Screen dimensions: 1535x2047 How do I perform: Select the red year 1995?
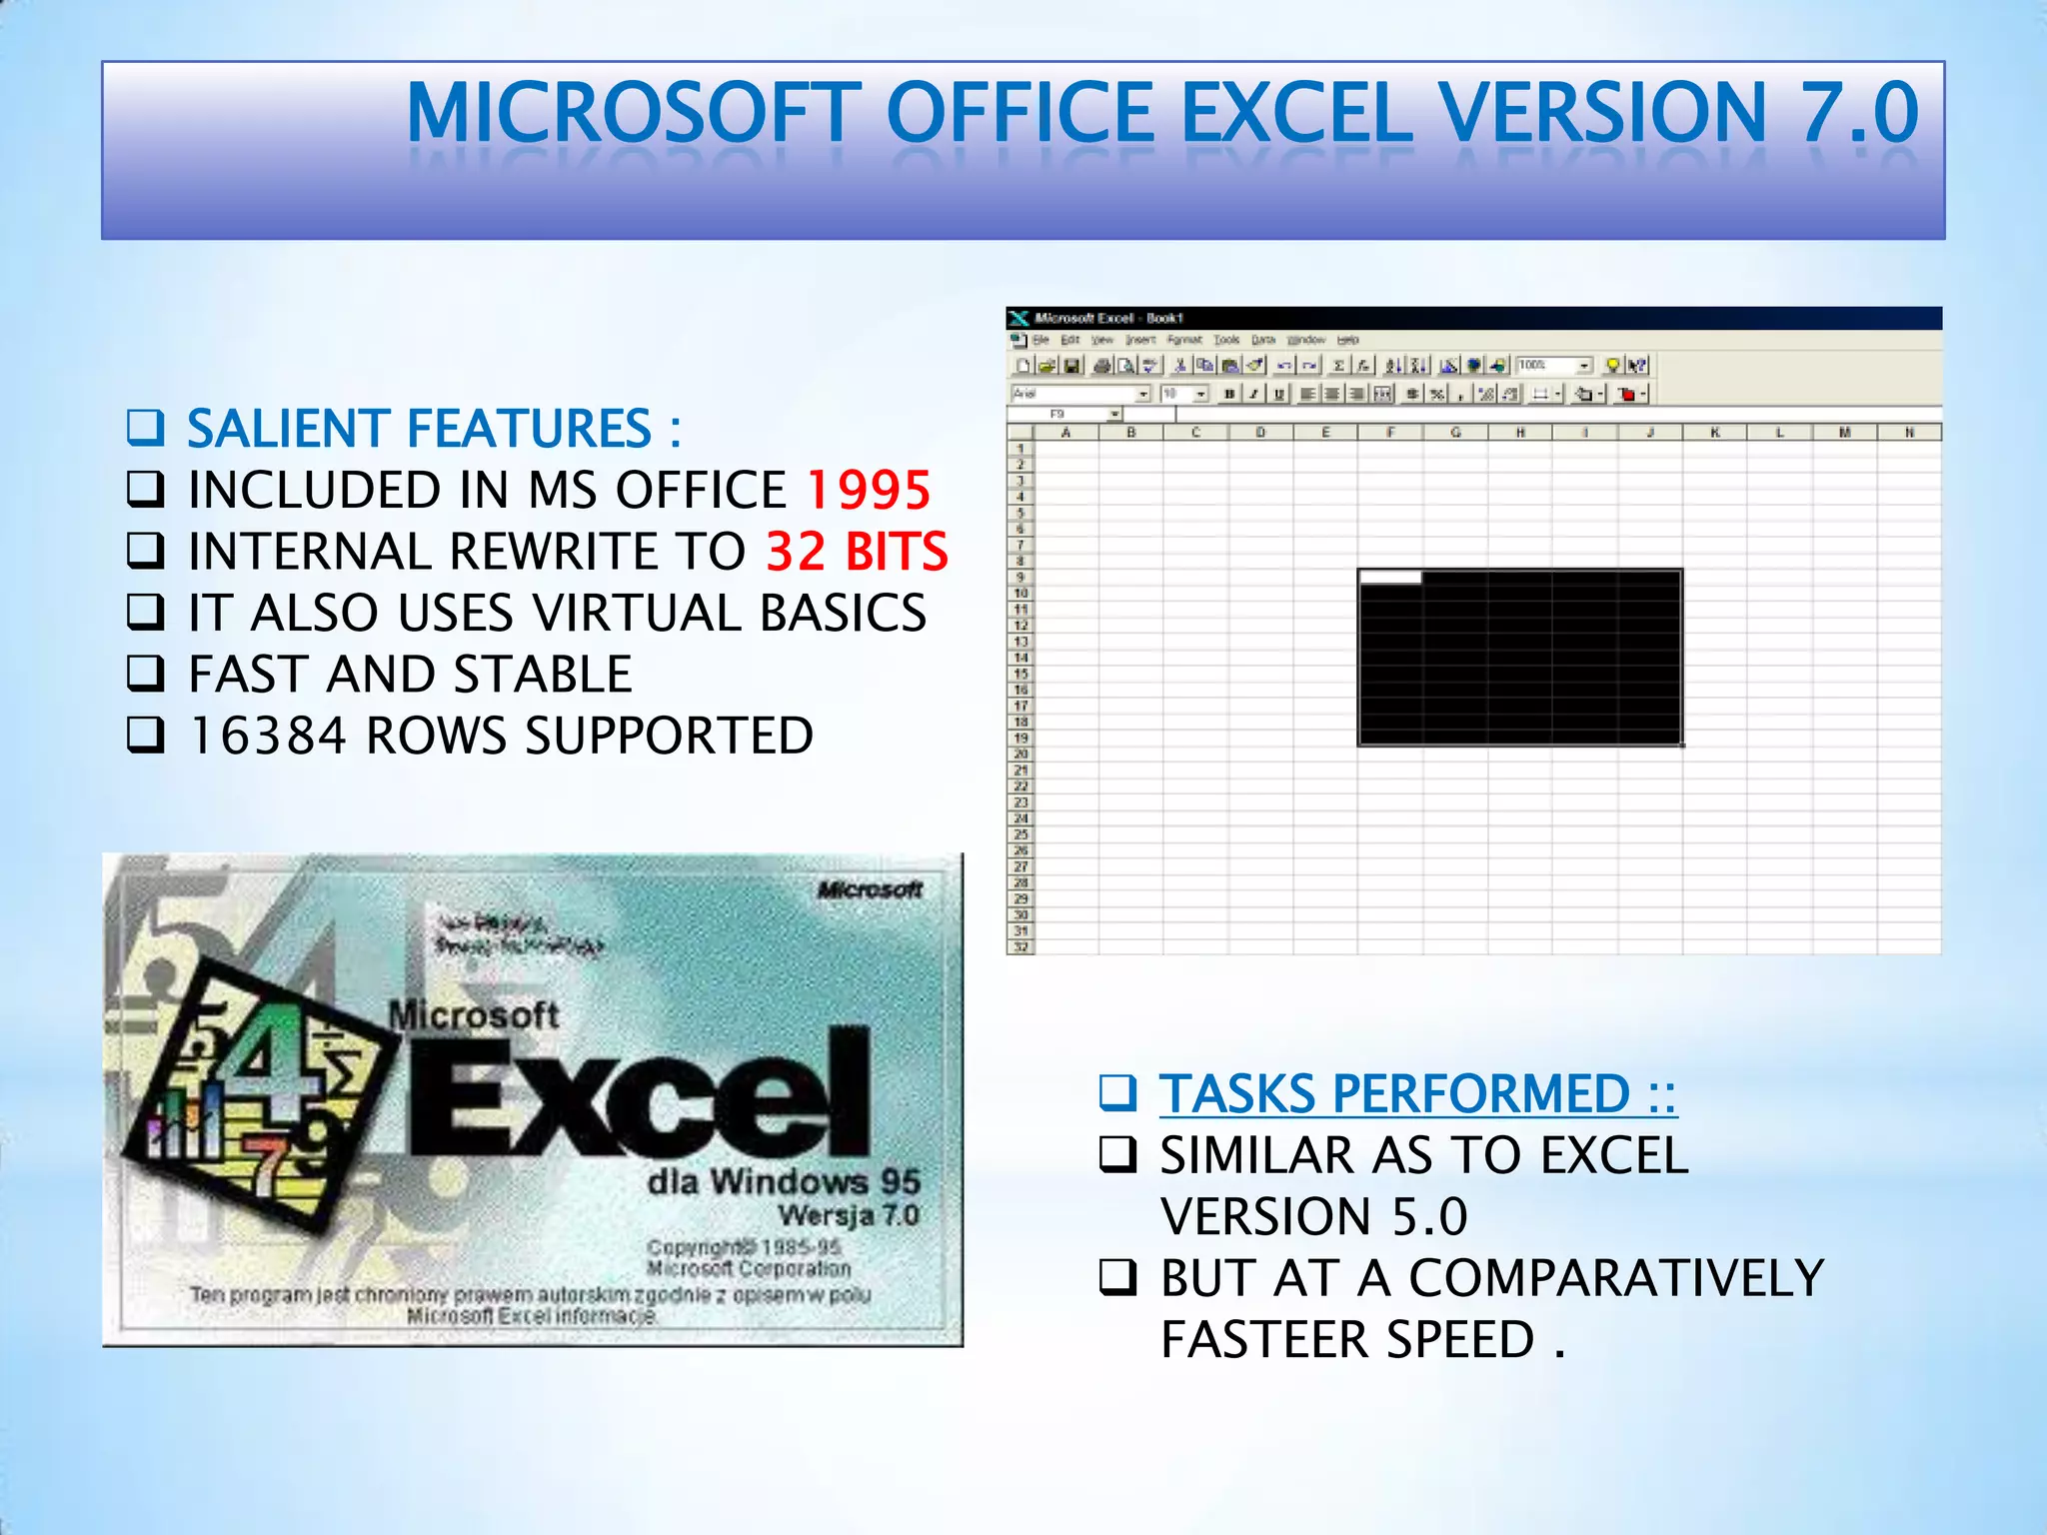tap(868, 490)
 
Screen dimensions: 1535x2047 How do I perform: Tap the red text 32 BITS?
tap(857, 552)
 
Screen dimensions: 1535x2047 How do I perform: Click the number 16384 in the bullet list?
tap(267, 737)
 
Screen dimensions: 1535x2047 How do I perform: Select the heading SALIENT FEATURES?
tap(420, 429)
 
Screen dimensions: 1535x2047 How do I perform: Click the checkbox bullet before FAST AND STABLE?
tap(146, 674)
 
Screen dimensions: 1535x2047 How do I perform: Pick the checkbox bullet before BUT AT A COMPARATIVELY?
tap(1117, 1277)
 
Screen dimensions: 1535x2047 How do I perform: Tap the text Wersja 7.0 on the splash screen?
tap(849, 1215)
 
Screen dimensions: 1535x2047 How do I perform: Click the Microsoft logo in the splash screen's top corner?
tap(870, 889)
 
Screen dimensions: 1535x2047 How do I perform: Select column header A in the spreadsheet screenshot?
tap(1065, 433)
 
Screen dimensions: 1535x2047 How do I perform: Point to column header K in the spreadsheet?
tap(1714, 433)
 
